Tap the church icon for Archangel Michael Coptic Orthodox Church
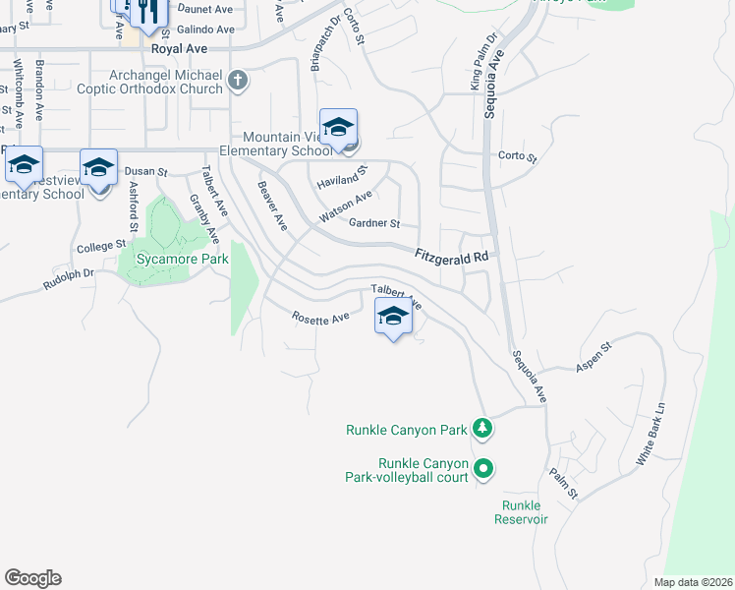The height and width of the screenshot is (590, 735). [x=238, y=82]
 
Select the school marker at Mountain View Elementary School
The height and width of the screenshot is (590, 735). [x=338, y=128]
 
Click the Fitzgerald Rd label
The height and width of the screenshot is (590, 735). [x=451, y=256]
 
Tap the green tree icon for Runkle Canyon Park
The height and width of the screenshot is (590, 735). [x=481, y=429]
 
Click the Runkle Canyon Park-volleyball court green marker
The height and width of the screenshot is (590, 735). [x=482, y=470]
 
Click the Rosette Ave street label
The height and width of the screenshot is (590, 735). [x=320, y=317]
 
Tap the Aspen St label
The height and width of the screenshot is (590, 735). [x=594, y=356]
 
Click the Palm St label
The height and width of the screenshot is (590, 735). [x=564, y=482]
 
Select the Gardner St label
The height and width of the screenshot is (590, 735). [x=374, y=223]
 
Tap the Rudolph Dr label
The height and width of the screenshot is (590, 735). [x=68, y=279]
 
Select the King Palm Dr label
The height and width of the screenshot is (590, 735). [x=484, y=62]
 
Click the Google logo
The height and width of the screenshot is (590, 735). [x=32, y=578]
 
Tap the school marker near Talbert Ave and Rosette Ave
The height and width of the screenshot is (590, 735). [x=392, y=318]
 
